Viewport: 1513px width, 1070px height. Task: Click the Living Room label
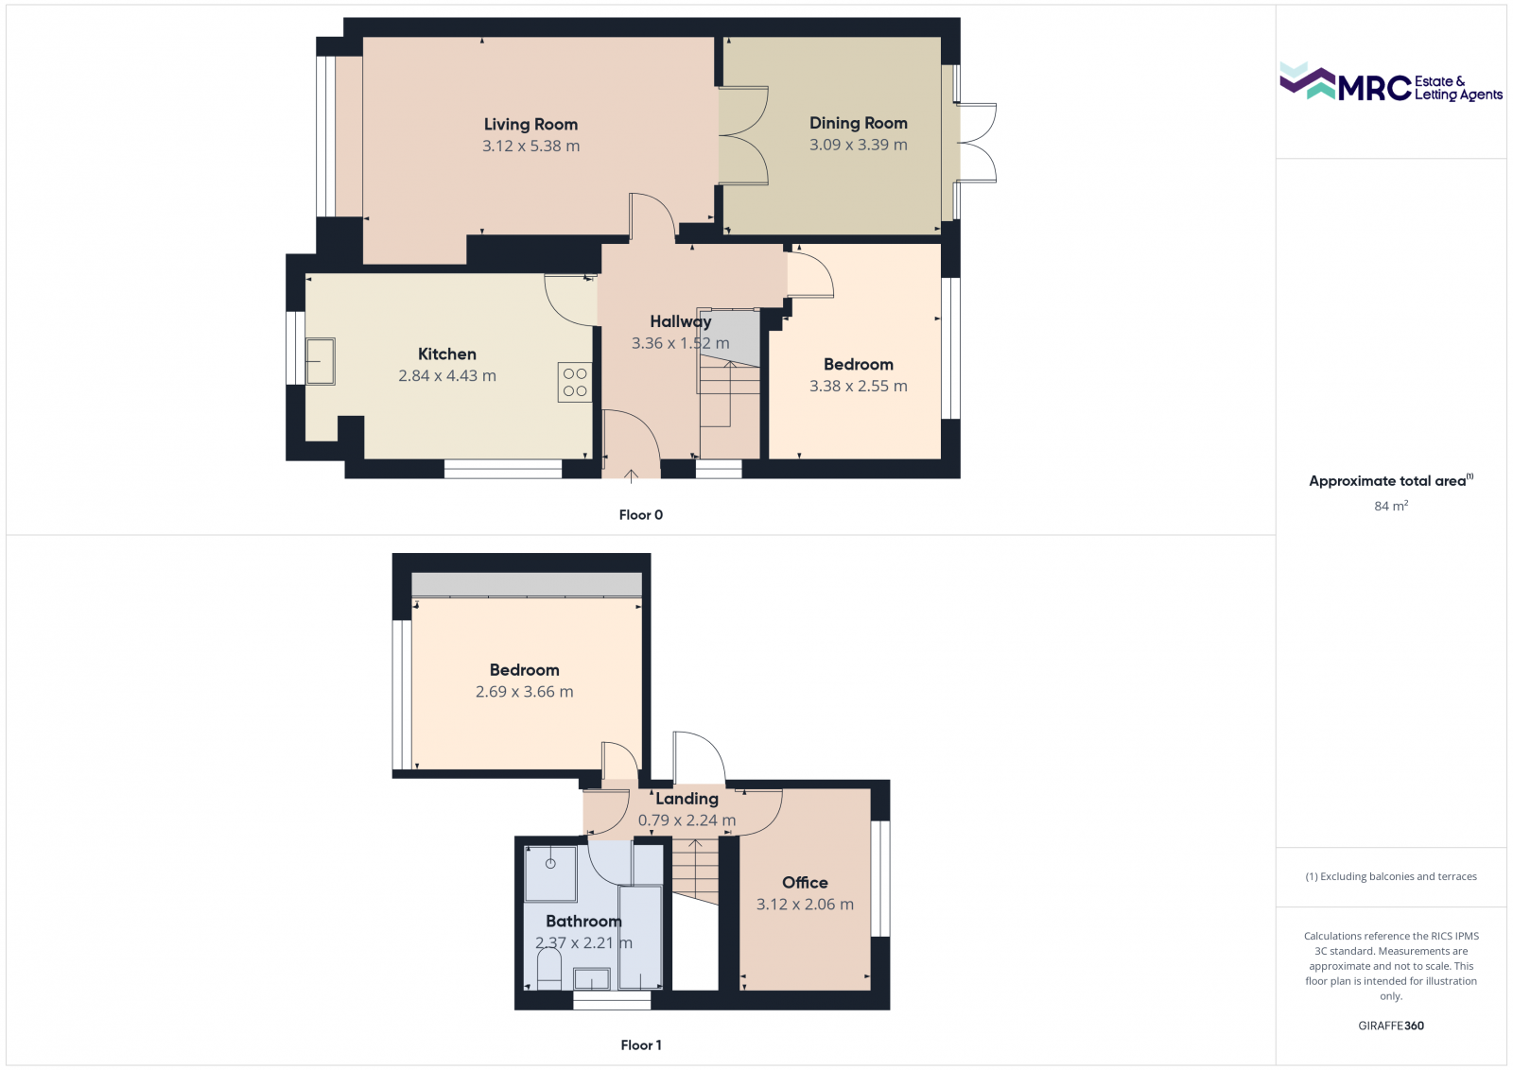(530, 124)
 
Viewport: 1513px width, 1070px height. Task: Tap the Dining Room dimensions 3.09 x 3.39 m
(858, 145)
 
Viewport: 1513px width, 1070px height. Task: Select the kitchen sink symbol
(320, 361)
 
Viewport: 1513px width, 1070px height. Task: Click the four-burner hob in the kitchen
(575, 382)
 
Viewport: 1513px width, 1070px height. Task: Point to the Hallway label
(680, 321)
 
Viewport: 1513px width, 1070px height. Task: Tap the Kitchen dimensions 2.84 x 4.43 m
(446, 375)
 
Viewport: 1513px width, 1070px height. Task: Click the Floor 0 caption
(640, 515)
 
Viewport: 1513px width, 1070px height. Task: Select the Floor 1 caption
(640, 1044)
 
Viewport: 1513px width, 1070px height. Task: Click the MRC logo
(1390, 83)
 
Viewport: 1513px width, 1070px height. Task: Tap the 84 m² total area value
(1390, 506)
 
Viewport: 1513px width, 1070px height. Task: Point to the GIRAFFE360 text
(1390, 1026)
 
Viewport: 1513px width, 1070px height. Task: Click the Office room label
(805, 882)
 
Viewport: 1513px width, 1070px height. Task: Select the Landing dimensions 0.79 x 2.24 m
(687, 820)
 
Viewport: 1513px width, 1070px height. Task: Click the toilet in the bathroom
(548, 970)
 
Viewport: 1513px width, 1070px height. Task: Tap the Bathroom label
(583, 921)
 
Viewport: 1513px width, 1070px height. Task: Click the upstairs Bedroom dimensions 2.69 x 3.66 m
(524, 692)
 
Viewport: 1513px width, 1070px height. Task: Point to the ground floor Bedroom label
(858, 364)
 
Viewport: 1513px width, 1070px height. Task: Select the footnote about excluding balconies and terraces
(1390, 876)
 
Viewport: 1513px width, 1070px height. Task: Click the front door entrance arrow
(630, 475)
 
